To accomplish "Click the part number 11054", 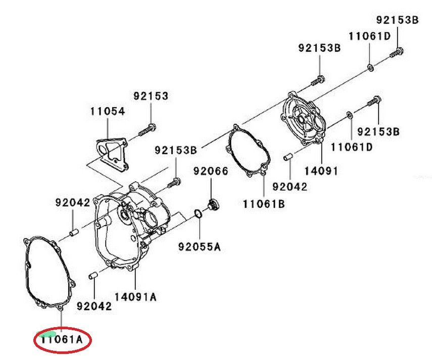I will (x=108, y=112).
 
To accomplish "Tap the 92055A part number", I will (x=199, y=247).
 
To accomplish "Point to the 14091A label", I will (x=135, y=296).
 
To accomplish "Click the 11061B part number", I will (x=264, y=204).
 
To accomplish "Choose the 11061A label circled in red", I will (x=62, y=339).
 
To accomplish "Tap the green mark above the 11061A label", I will (x=48, y=333).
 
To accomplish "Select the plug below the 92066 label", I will (x=213, y=204).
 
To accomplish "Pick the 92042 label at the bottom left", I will (x=94, y=306).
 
